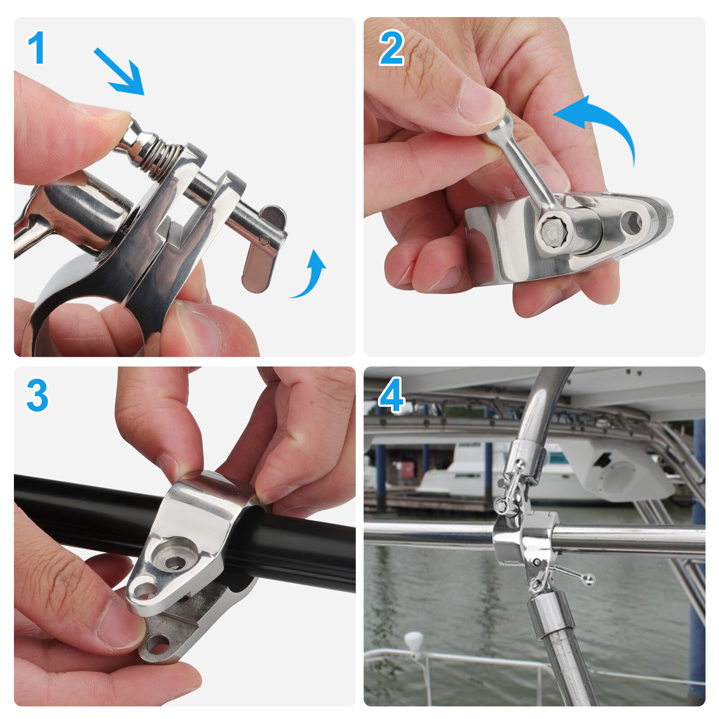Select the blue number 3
(37, 395)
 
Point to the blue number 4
(391, 395)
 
